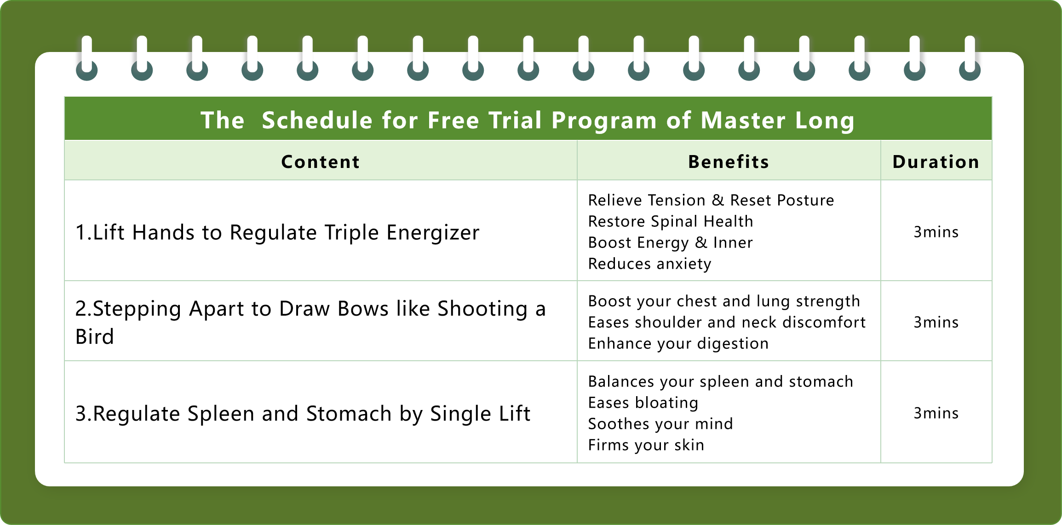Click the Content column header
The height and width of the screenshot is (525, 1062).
click(x=321, y=162)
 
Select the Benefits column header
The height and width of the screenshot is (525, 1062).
click(x=729, y=162)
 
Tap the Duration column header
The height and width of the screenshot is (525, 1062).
click(x=936, y=162)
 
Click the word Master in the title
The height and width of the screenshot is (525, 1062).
click(x=743, y=121)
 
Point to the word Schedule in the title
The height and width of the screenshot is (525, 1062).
click(x=317, y=121)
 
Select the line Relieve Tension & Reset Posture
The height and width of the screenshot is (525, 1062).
click(x=711, y=201)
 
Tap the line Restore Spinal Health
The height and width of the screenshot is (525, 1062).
click(x=671, y=222)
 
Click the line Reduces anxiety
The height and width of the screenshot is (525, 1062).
click(x=649, y=264)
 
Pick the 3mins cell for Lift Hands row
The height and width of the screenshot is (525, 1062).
click(x=936, y=232)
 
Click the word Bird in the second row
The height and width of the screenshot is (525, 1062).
click(x=95, y=337)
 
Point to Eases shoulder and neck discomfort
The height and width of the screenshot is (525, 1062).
click(x=727, y=323)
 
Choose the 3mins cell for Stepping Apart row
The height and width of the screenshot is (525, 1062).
click(x=936, y=323)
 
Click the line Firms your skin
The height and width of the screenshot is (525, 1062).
click(x=646, y=445)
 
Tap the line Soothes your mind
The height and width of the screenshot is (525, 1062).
click(x=660, y=424)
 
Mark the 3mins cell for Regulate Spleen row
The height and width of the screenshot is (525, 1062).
click(x=936, y=414)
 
